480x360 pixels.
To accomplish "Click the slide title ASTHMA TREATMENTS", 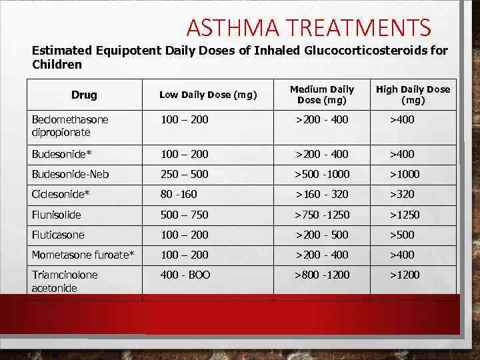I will pyautogui.click(x=309, y=28).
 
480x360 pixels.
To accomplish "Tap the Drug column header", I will pyautogui.click(x=84, y=95).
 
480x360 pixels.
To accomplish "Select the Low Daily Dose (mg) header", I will pyautogui.click(x=208, y=95).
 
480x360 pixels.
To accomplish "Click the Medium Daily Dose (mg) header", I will pyautogui.click(x=322, y=95).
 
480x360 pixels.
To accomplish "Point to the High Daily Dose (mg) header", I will pyautogui.click(x=413, y=95).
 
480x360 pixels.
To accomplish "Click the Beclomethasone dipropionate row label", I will pyautogui.click(x=70, y=125).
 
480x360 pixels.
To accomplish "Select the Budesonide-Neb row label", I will pyautogui.click(x=70, y=174).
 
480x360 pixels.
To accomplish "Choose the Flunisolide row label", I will pyautogui.click(x=56, y=215).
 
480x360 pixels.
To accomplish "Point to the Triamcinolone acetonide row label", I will pyautogui.click(x=65, y=281).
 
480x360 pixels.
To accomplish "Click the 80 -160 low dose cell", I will pyautogui.click(x=179, y=194).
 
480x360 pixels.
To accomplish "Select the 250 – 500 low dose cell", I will pyautogui.click(x=184, y=174).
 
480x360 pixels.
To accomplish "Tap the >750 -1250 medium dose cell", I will pyautogui.click(x=323, y=215).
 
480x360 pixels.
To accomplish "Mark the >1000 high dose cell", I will pyautogui.click(x=405, y=174).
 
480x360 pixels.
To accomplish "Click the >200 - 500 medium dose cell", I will pyautogui.click(x=322, y=235).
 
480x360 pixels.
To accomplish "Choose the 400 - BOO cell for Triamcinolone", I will pyautogui.click(x=185, y=275).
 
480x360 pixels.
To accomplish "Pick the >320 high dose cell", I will pyautogui.click(x=402, y=194).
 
